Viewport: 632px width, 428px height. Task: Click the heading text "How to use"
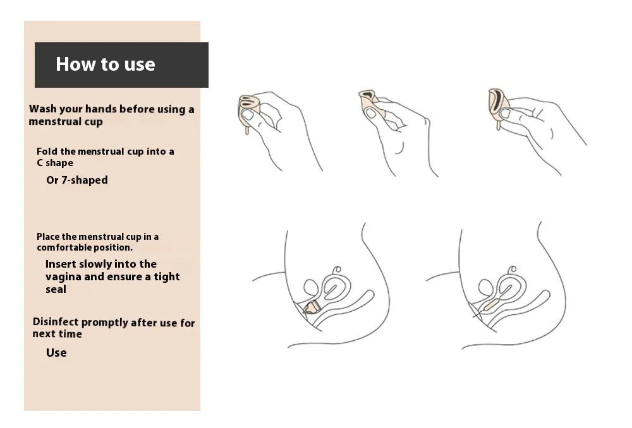tap(105, 64)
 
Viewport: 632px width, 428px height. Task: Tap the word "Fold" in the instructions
tap(47, 152)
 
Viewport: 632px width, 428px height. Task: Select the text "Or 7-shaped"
tap(77, 180)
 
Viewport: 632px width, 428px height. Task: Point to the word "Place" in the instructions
tap(49, 237)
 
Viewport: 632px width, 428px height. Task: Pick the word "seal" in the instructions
tap(56, 289)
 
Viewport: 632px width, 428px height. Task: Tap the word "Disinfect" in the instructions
tap(56, 322)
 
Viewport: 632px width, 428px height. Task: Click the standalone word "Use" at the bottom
tap(56, 353)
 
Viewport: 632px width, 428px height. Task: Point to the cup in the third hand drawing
tap(498, 105)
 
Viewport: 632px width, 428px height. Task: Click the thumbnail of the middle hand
tap(370, 113)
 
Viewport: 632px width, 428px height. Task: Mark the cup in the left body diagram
tap(312, 307)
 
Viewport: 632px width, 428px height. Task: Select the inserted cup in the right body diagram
tap(491, 305)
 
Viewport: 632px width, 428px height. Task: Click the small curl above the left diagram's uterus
tap(337, 270)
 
